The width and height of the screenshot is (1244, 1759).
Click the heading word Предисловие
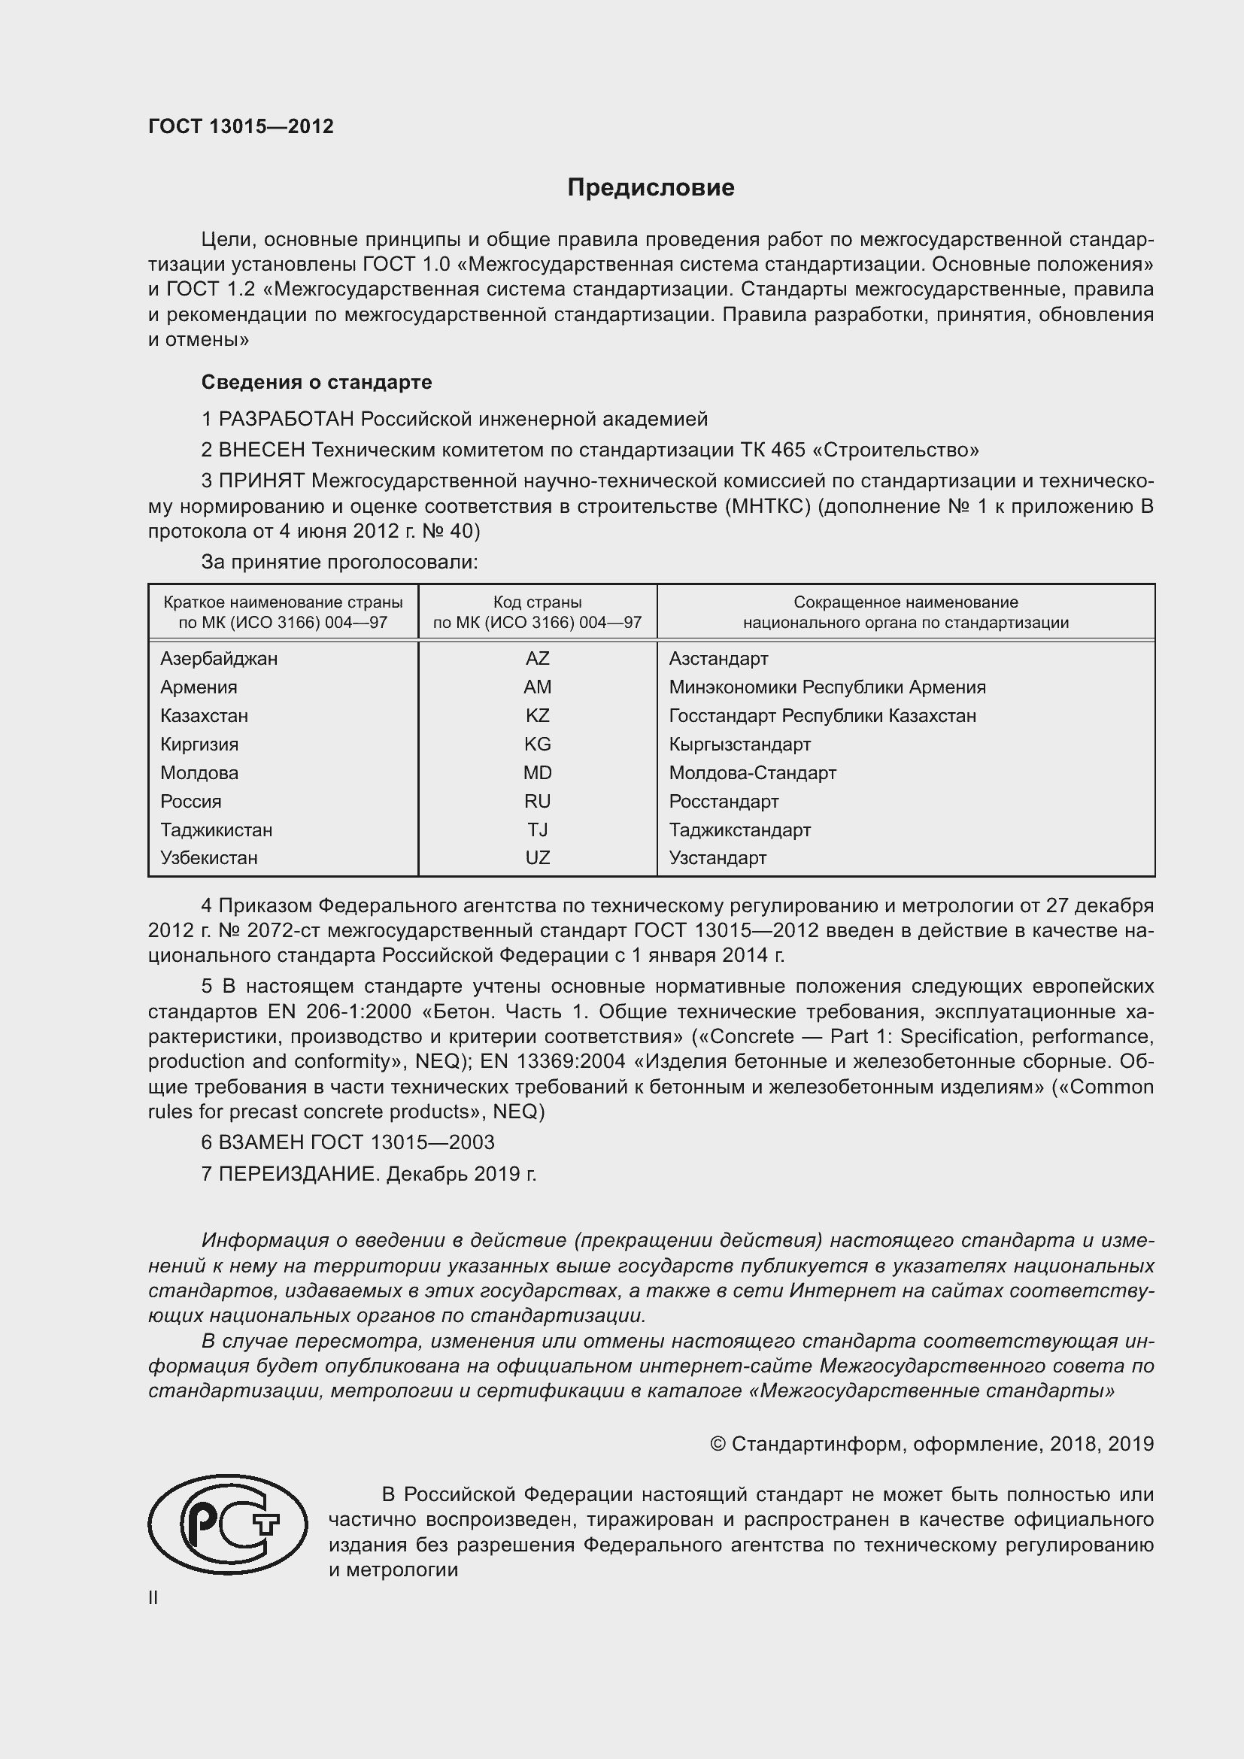(x=651, y=188)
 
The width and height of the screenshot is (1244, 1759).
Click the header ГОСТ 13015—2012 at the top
(x=241, y=127)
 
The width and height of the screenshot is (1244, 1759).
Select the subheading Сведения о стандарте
(x=317, y=381)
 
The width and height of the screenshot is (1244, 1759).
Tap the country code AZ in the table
(x=537, y=658)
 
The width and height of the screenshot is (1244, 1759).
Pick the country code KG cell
(x=537, y=744)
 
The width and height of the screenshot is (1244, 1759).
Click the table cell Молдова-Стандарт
(x=752, y=772)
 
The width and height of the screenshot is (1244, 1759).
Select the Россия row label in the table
(x=191, y=802)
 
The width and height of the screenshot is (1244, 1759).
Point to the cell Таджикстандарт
(x=739, y=829)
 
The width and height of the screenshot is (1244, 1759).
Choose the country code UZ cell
(x=537, y=858)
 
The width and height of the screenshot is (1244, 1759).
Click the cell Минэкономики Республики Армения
(x=827, y=687)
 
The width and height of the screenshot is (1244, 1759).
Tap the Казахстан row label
(x=204, y=715)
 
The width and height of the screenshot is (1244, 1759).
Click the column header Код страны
(x=537, y=602)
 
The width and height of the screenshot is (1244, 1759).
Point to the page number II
(x=153, y=1598)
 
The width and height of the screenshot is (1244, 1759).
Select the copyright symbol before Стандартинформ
(x=717, y=1444)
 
